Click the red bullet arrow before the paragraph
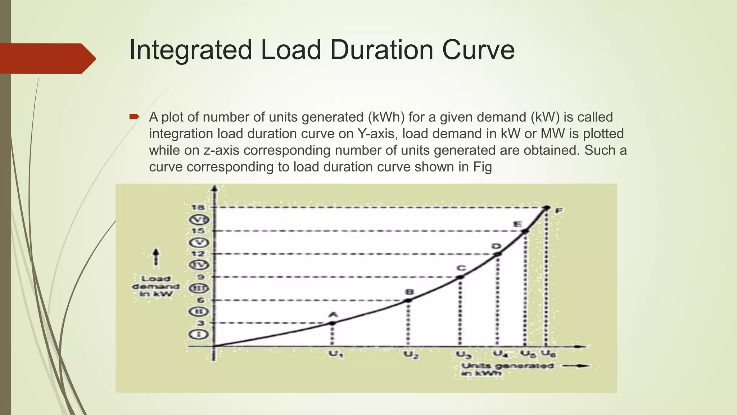click(134, 116)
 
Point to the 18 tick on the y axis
click(198, 207)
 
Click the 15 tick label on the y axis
click(198, 231)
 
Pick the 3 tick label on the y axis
click(200, 323)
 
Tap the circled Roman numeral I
click(198, 335)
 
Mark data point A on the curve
click(332, 323)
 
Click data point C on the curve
click(460, 277)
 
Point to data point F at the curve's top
click(547, 208)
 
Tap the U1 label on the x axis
click(336, 355)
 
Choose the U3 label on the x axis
click(464, 355)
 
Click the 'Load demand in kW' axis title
click(155, 286)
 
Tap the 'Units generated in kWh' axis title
click(507, 369)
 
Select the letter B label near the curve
click(409, 292)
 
